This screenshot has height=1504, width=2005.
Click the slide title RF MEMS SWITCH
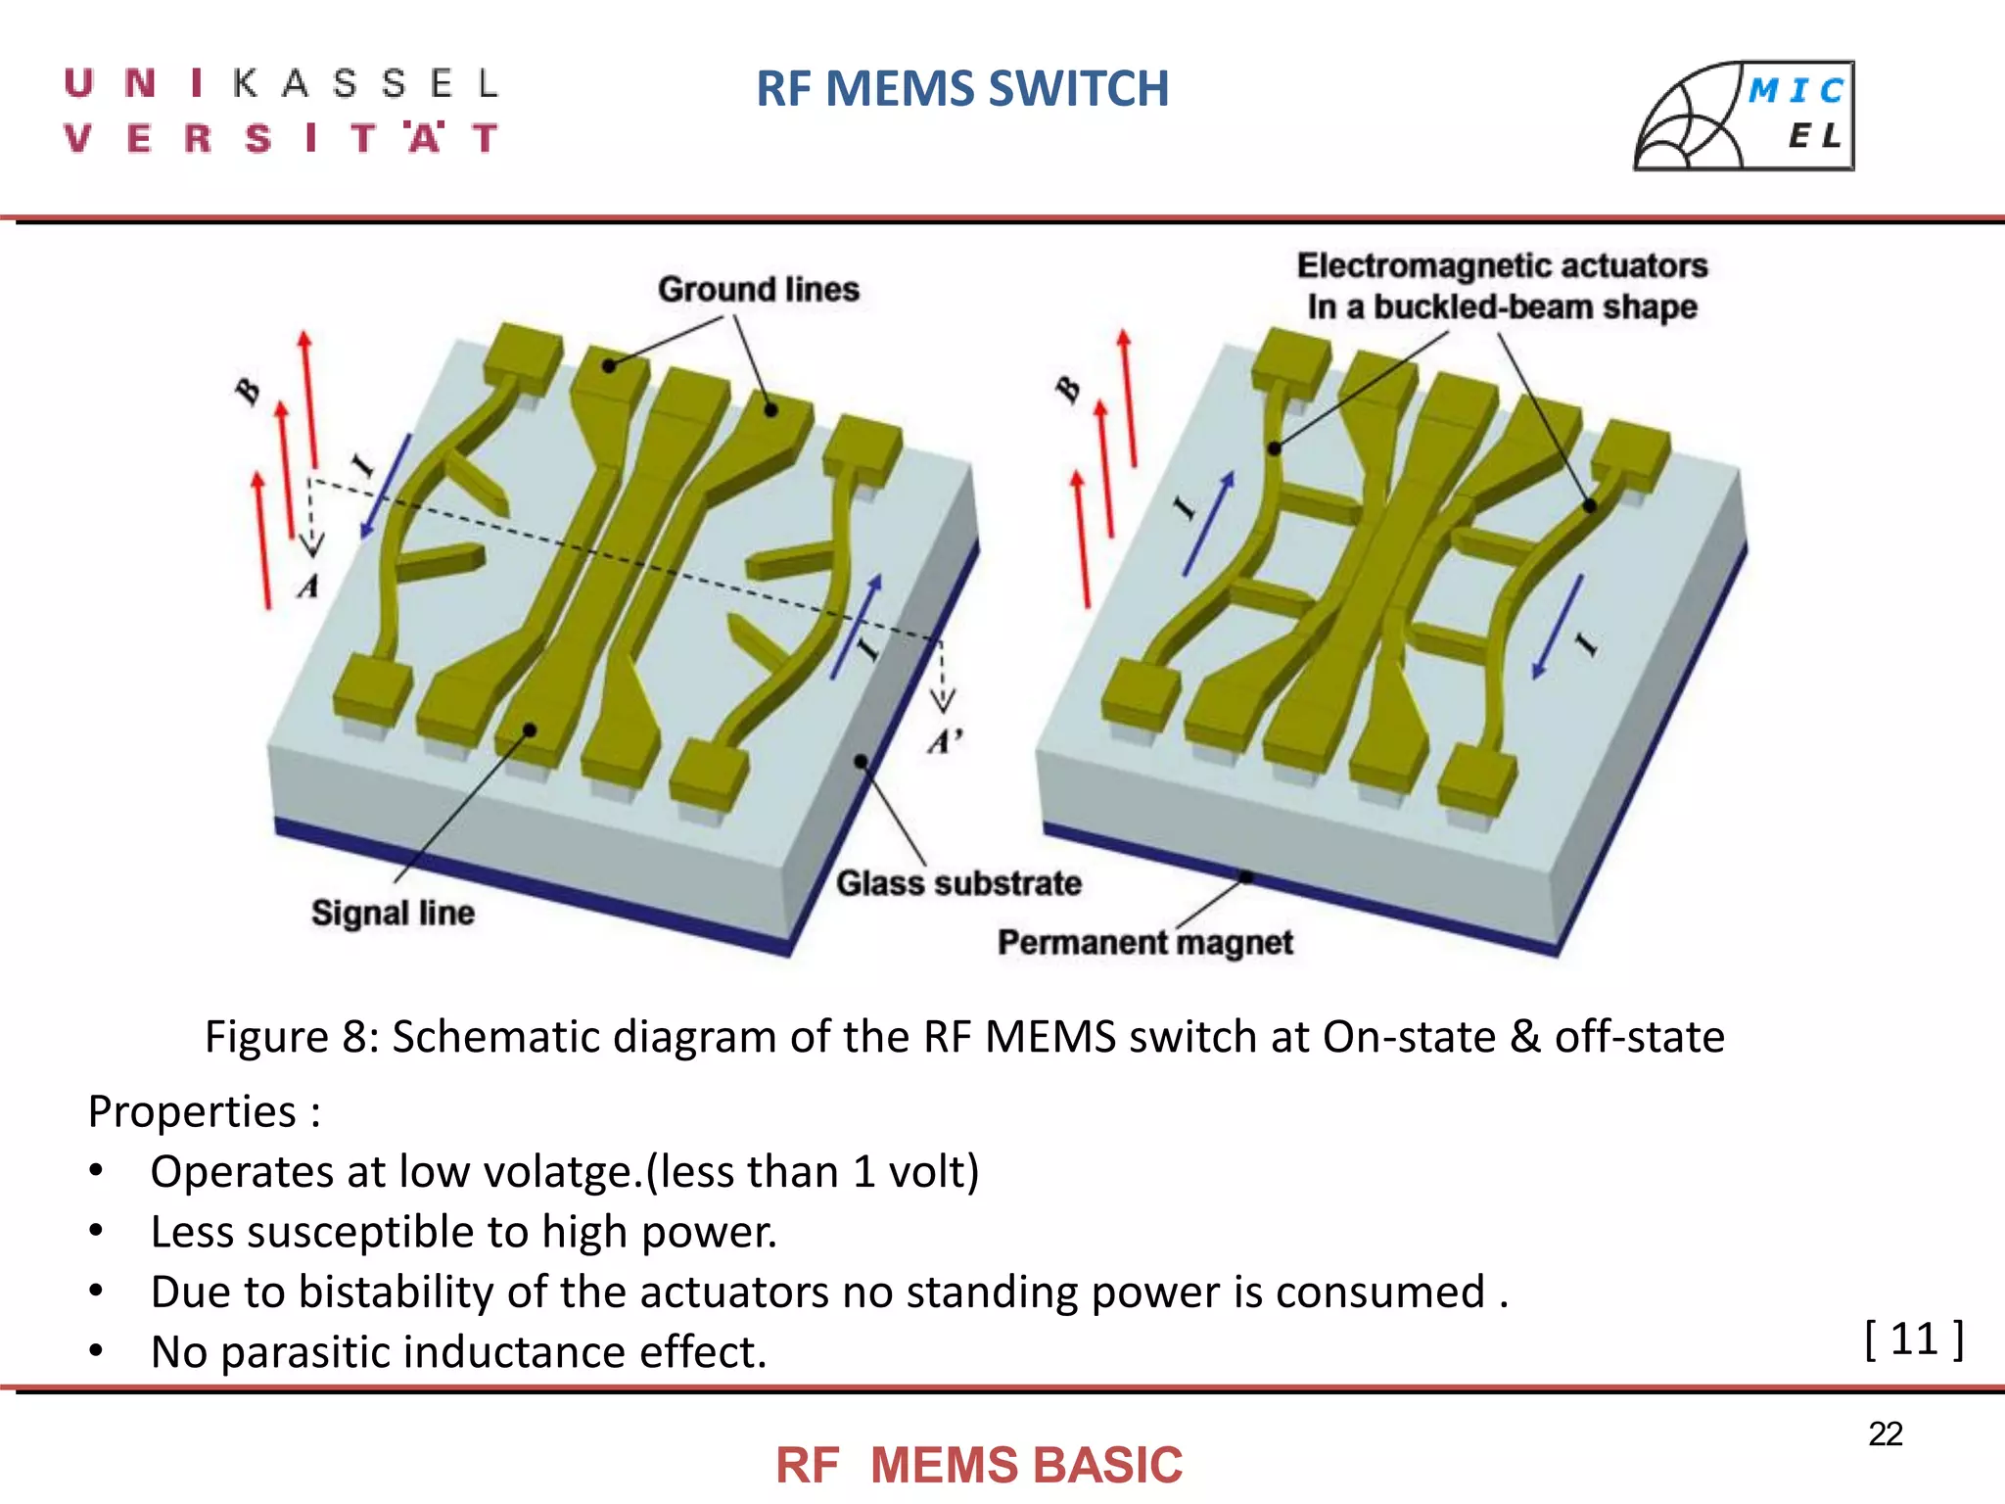click(962, 89)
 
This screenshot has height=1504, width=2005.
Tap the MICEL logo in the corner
click(1744, 116)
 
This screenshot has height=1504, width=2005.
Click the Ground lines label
click(758, 290)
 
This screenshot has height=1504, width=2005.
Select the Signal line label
click(393, 913)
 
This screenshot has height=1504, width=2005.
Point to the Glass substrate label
click(958, 883)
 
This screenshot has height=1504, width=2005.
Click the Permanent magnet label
click(1144, 942)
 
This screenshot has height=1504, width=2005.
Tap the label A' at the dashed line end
click(945, 741)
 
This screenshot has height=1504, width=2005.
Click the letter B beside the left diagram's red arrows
click(248, 391)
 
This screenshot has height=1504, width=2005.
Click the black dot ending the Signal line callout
click(529, 730)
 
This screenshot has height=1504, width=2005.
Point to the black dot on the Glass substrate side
click(861, 761)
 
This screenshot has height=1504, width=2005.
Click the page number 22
click(1885, 1433)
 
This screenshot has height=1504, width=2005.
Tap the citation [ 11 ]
click(1913, 1339)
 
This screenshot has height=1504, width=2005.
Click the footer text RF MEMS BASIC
click(979, 1466)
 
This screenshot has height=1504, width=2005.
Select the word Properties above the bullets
click(192, 1112)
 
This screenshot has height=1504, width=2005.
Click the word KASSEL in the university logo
click(366, 84)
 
